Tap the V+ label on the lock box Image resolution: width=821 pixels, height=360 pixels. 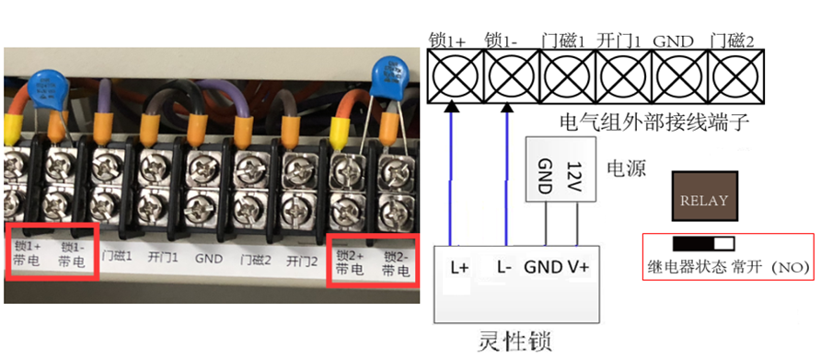tap(577, 268)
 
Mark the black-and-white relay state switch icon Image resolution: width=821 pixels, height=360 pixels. tap(704, 244)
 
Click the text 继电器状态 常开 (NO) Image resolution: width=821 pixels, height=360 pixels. tap(728, 268)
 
